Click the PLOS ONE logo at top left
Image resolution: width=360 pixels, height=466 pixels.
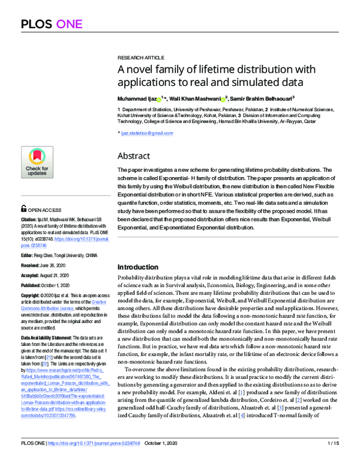[x=46, y=24]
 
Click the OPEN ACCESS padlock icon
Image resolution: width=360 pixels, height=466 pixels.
[x=23, y=210]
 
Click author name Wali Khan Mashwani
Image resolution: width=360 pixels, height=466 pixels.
[x=194, y=97]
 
